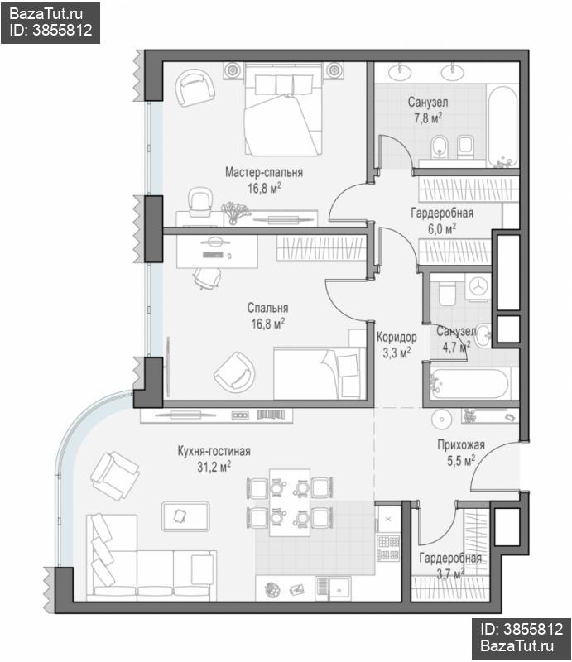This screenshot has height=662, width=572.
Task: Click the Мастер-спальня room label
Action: click(263, 172)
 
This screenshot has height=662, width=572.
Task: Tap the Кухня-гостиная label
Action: click(214, 451)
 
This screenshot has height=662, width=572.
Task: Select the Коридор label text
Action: click(397, 338)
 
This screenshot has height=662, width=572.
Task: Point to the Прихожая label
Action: click(461, 444)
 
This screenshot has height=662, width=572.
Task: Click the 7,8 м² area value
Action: click(428, 118)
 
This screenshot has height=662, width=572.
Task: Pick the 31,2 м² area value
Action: click(214, 467)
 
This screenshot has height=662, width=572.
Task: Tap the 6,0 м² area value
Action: click(442, 229)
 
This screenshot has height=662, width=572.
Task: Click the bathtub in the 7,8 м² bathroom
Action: click(502, 127)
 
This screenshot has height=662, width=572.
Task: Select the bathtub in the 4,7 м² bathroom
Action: click(469, 383)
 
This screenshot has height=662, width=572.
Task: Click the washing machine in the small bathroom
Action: click(478, 286)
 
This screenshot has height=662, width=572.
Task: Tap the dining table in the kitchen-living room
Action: click(290, 501)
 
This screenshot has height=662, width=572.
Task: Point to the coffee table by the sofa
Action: click(185, 516)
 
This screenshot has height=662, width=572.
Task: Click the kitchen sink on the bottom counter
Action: click(333, 588)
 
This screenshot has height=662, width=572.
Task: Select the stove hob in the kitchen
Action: click(388, 547)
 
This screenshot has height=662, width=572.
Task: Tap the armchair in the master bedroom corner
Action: click(195, 89)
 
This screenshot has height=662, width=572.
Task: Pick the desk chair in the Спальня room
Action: click(208, 278)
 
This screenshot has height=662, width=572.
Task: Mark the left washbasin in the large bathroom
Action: click(399, 72)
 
